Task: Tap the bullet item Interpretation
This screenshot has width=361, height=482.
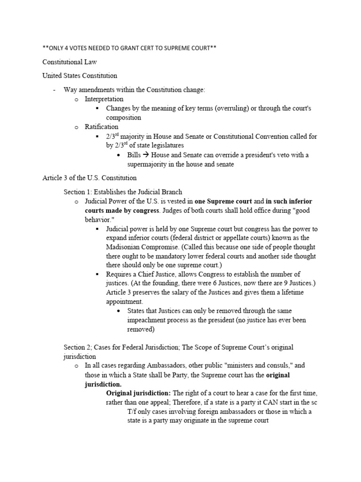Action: (x=104, y=99)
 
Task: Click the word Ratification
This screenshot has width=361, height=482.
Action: (x=102, y=127)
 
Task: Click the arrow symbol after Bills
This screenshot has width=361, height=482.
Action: (x=147, y=155)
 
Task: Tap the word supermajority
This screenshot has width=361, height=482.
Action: (x=150, y=164)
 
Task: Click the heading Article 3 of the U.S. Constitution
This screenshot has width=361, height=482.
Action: (x=89, y=178)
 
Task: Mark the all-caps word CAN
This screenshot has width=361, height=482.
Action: (x=266, y=402)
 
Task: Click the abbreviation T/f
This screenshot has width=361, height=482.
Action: (x=133, y=412)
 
